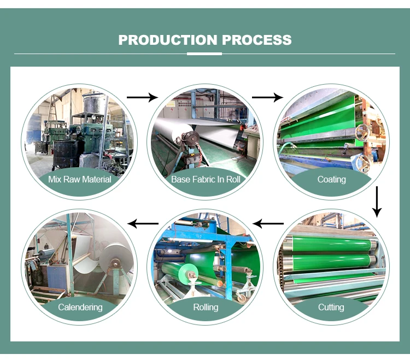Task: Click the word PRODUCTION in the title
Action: (167, 40)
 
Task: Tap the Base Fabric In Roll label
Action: (206, 179)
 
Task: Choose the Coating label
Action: (331, 179)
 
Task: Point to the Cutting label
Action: (331, 307)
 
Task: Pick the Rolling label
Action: (206, 307)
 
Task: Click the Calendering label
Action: (80, 307)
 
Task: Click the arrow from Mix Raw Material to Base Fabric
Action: (142, 97)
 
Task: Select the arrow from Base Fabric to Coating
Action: (267, 97)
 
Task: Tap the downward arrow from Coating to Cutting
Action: (376, 202)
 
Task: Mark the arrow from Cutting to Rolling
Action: (268, 223)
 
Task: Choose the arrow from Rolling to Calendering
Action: (143, 223)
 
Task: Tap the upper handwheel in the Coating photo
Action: (361, 133)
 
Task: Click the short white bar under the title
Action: (204, 54)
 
